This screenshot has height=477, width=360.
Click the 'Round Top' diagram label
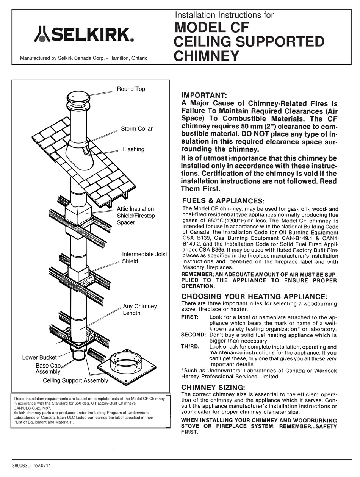tap(131, 89)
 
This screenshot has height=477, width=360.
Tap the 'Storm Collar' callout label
tap(137, 129)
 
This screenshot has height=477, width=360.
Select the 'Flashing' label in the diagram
tap(133, 149)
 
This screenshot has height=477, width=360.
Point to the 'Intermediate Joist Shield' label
tap(144, 258)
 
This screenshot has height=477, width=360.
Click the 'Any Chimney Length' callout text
tap(139, 310)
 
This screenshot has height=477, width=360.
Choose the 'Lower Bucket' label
tap(39, 357)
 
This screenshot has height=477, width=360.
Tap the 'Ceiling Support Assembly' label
tap(75, 380)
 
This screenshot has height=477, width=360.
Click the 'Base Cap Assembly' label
tap(48, 369)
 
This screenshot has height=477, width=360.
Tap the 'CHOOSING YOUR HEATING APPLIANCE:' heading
tap(254, 296)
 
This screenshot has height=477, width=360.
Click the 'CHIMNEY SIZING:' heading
tap(213, 387)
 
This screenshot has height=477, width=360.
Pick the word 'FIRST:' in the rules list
tap(190, 317)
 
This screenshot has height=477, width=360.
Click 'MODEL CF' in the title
tap(212, 28)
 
